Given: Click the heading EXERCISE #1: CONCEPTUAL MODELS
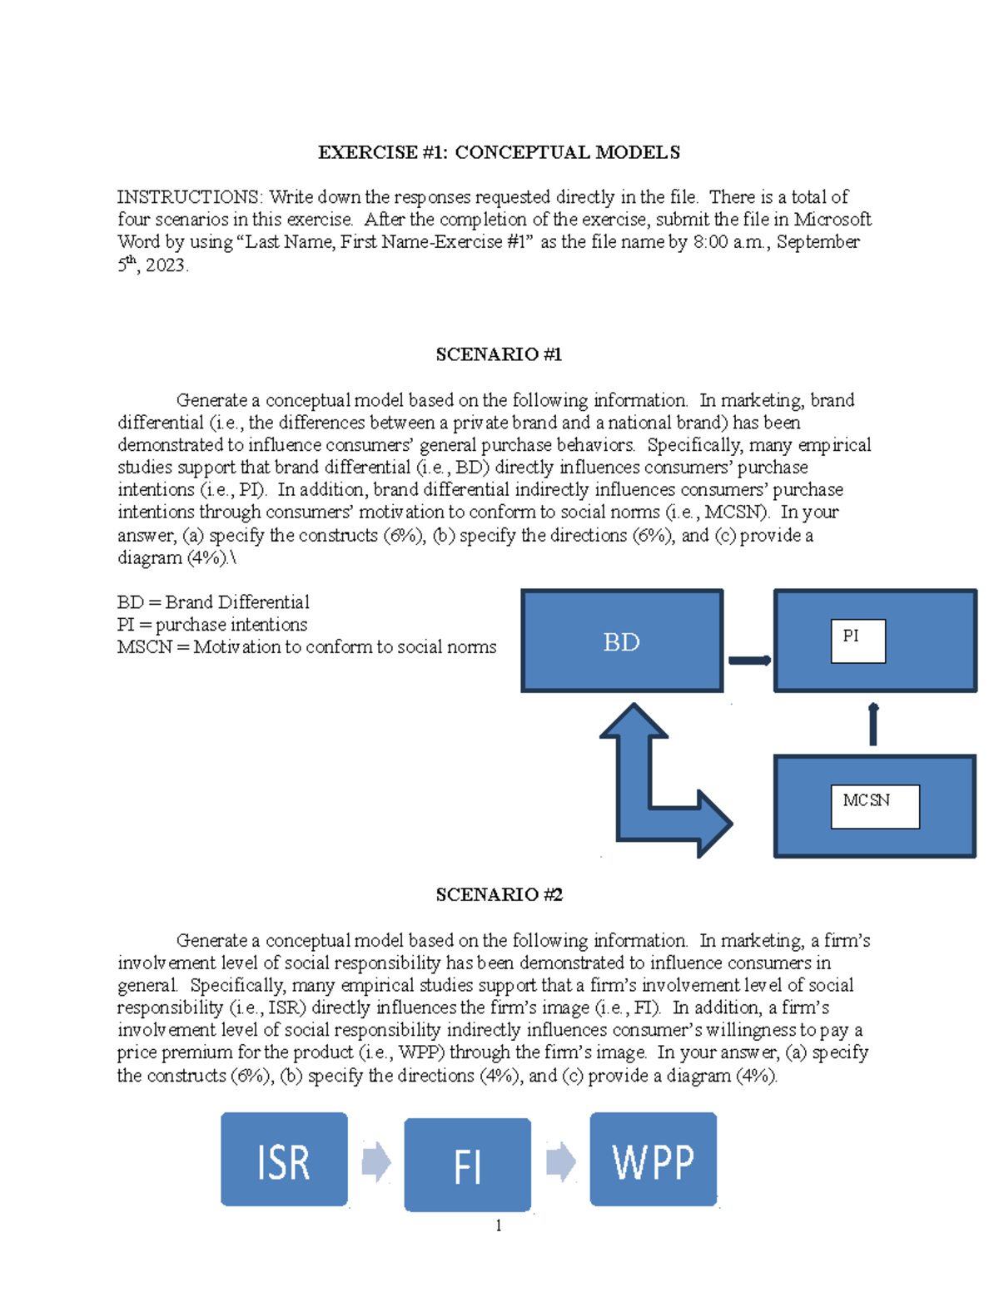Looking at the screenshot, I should pos(499,152).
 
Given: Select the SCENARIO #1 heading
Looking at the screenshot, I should pos(499,354).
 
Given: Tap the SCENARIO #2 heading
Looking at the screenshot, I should pos(499,894).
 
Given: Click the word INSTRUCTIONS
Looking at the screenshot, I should pos(189,197).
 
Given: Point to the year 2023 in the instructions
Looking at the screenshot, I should pos(166,266).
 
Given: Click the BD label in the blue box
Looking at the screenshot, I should pos(621,642).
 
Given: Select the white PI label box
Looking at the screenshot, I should pos(857,641).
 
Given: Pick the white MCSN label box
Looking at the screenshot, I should pos(874,806).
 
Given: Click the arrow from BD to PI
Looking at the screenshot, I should pos(749,661).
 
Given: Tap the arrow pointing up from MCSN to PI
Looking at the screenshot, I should pos(872,725).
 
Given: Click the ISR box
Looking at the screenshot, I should pos(284,1159).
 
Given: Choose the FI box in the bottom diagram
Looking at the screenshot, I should pos(467,1165).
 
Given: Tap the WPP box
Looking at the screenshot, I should pos(653,1159).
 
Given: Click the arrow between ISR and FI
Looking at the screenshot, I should pos(376,1161).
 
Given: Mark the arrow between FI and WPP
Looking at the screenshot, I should pos(560,1161).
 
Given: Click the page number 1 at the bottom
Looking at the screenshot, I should pos(498,1225).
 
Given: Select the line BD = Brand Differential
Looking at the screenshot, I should pos(213,602).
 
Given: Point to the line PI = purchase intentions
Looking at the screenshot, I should pos(212,625).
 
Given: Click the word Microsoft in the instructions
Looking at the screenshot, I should pos(832,220).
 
